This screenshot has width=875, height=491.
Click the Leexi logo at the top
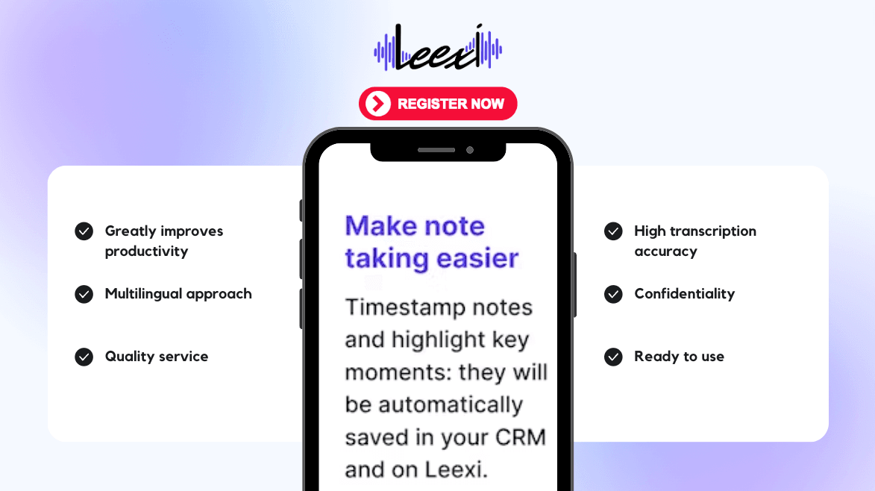coord(438,48)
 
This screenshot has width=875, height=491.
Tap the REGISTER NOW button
coord(438,104)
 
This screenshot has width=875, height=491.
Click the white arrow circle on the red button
coord(377,104)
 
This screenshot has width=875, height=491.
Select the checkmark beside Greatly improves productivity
coord(84,231)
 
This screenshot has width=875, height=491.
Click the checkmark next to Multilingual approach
coord(84,294)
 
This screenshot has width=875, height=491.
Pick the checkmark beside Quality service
coord(84,357)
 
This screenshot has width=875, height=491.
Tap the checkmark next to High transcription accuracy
coord(613,231)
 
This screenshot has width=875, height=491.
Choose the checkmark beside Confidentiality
coord(613,294)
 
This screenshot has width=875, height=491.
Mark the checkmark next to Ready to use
coord(613,357)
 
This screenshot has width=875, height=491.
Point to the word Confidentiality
coord(685,294)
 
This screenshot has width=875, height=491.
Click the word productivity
coord(147,251)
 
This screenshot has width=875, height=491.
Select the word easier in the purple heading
coord(477,258)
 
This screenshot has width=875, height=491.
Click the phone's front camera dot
coord(470,150)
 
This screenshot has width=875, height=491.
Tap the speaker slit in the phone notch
coord(436,150)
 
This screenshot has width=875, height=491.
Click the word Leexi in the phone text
coord(457,470)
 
